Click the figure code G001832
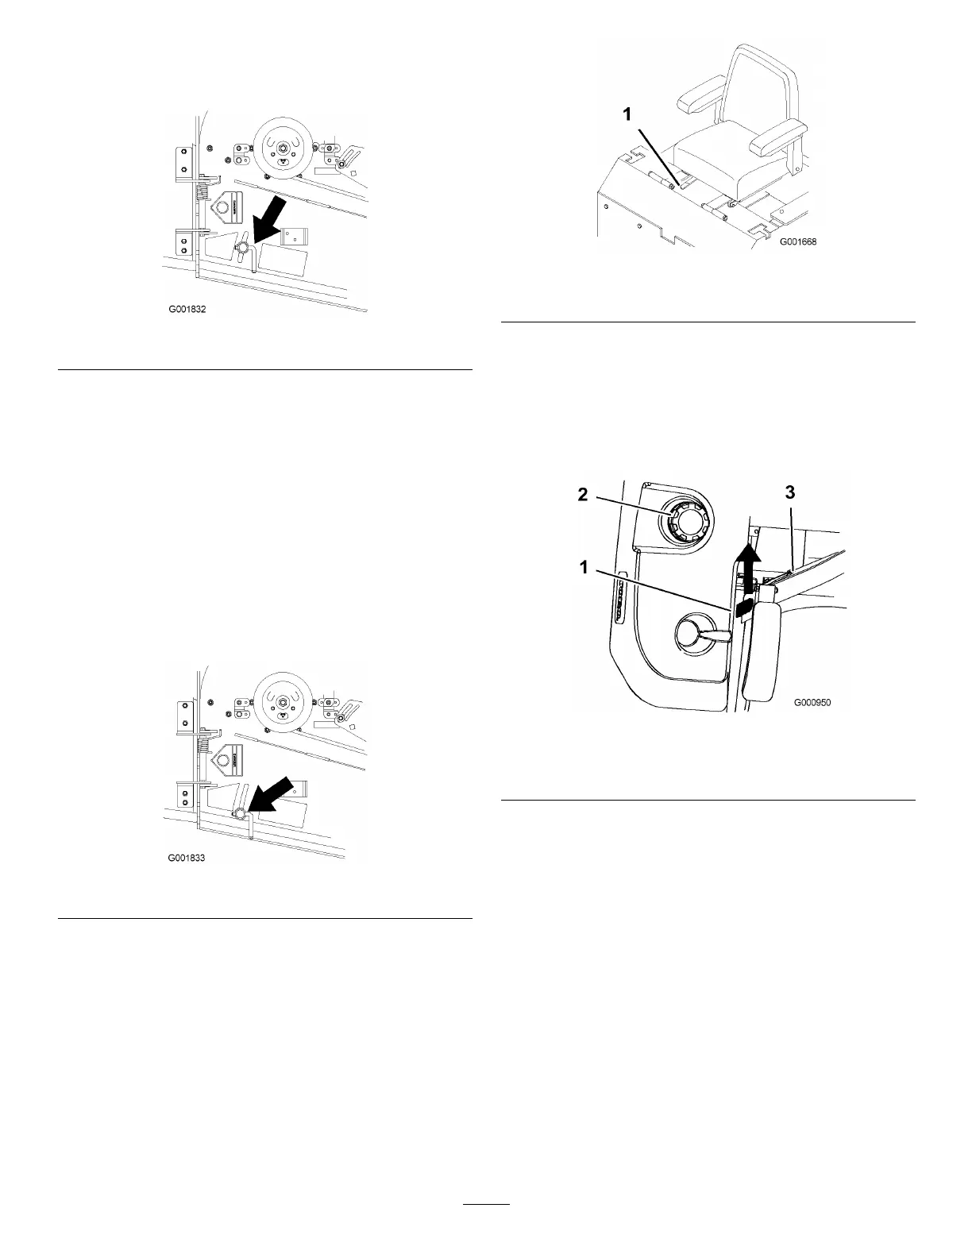[x=187, y=311]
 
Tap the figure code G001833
[x=187, y=859]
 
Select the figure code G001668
[x=796, y=241]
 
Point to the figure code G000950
[x=812, y=703]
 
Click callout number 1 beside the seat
[x=627, y=114]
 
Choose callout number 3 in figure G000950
[x=790, y=492]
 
